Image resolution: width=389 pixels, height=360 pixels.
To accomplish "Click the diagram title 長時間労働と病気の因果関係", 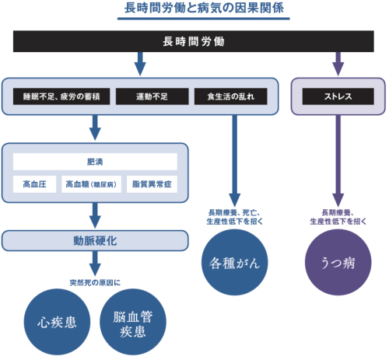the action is (204, 8).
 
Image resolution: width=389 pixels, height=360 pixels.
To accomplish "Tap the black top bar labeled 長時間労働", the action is (194, 41).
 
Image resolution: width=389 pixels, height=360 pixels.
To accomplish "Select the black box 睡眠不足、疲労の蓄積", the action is (61, 96).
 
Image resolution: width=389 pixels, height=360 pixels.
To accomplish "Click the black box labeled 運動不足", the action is (152, 96).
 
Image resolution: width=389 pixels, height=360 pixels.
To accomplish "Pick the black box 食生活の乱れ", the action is (231, 96).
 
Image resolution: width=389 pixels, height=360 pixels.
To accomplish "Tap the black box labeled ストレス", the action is (338, 96).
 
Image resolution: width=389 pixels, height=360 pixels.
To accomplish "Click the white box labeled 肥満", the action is (95, 162).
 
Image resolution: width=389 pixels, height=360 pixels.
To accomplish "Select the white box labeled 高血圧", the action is (34, 184).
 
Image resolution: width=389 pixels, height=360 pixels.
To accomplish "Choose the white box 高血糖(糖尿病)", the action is (91, 184).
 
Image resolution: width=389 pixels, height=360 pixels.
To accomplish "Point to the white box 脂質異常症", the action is (152, 184).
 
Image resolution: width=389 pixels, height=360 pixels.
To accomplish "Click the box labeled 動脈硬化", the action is (95, 241).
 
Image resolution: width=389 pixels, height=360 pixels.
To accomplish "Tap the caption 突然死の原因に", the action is (95, 282).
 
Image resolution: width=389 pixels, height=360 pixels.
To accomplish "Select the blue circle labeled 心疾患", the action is (57, 322).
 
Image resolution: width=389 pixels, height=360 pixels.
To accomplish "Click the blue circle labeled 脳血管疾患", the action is (133, 322).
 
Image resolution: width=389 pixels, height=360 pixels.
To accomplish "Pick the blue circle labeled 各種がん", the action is (235, 262).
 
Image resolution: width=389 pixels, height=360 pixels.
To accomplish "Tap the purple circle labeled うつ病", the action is (338, 262).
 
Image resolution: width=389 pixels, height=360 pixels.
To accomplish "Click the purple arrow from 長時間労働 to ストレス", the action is (338, 64).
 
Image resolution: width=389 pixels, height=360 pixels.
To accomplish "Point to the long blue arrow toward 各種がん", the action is (235, 161).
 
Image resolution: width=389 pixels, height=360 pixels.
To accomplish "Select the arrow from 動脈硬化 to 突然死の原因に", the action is (95, 264).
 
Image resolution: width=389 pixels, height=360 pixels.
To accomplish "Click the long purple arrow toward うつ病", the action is (338, 161).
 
